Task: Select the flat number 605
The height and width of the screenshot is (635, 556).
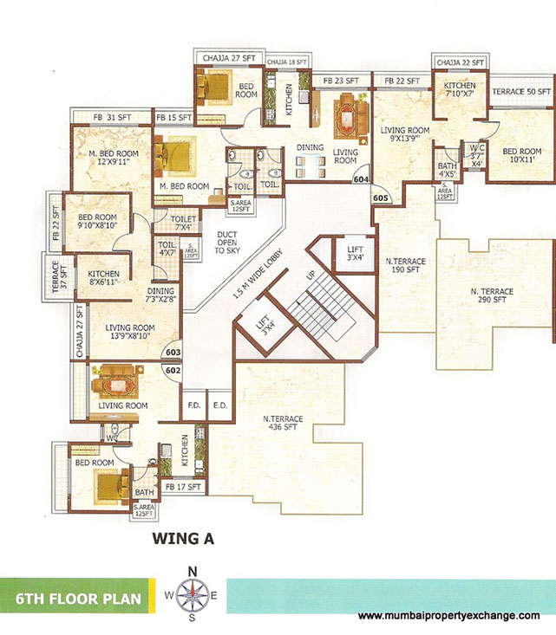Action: point(380,198)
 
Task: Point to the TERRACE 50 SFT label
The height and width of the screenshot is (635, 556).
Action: point(521,91)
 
